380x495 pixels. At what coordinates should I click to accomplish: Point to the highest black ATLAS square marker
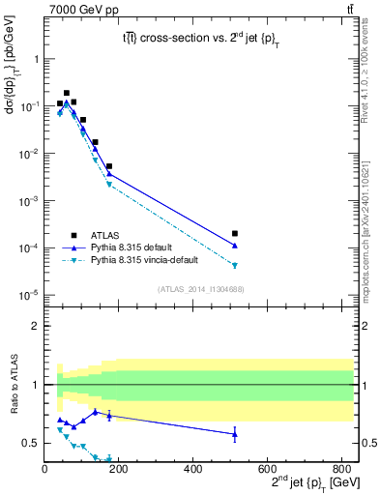[x=67, y=93]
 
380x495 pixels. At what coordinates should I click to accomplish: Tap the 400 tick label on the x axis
[x=193, y=471]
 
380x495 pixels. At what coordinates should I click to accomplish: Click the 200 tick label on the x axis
[x=119, y=471]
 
